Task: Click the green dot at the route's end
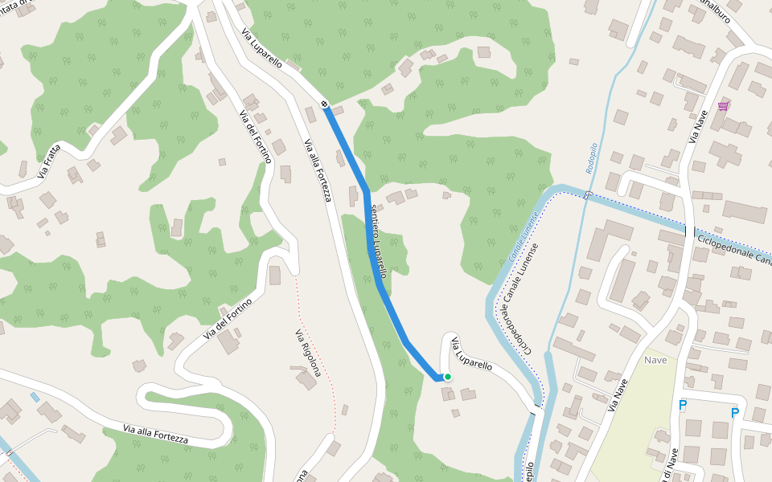point(448,377)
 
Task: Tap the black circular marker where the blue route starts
point(324,104)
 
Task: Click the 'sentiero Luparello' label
point(379,241)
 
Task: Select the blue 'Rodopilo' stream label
point(593,153)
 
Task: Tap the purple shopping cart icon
point(724,106)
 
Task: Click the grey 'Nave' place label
point(656,360)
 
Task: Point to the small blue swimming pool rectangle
point(35,397)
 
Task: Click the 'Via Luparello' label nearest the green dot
point(471,353)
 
